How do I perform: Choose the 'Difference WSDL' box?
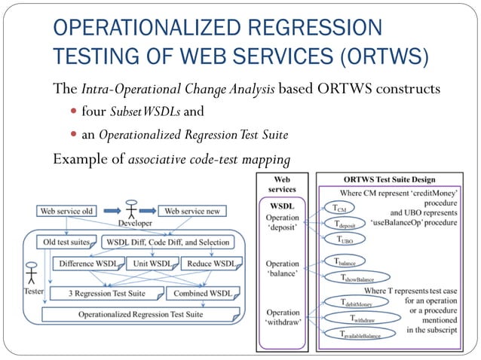(87, 264)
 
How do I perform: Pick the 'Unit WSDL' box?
(152, 264)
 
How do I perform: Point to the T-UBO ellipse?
(345, 239)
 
